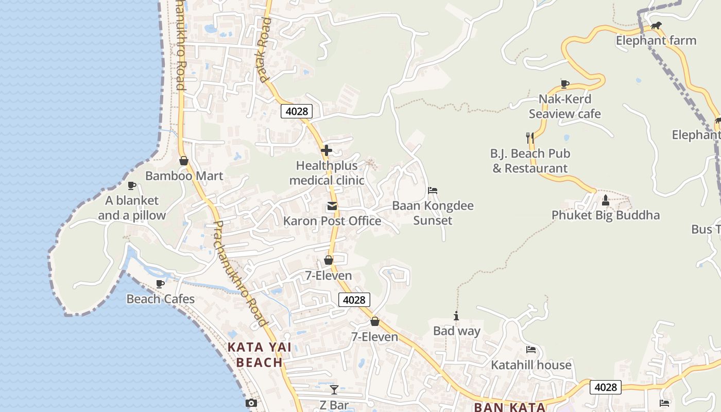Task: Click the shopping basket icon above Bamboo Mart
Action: [184, 161]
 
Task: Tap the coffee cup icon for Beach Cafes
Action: [160, 284]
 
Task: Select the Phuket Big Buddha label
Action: [605, 215]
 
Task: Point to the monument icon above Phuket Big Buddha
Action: [606, 200]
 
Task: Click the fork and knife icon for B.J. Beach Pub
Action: [529, 138]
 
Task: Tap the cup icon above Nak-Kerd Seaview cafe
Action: [564, 84]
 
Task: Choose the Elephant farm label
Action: [656, 40]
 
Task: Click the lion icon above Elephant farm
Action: [656, 26]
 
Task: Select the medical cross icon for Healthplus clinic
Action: [327, 150]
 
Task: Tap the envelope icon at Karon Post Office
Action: [332, 207]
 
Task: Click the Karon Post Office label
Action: [332, 221]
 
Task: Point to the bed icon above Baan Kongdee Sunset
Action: [433, 191]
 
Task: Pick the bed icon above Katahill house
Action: [531, 350]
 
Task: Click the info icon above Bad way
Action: [456, 316]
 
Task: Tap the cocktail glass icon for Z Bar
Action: [334, 390]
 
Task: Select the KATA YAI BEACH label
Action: [260, 354]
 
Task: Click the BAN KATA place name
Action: [509, 407]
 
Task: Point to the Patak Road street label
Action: [264, 50]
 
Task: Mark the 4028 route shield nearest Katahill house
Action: [605, 387]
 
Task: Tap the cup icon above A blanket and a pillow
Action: [132, 185]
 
